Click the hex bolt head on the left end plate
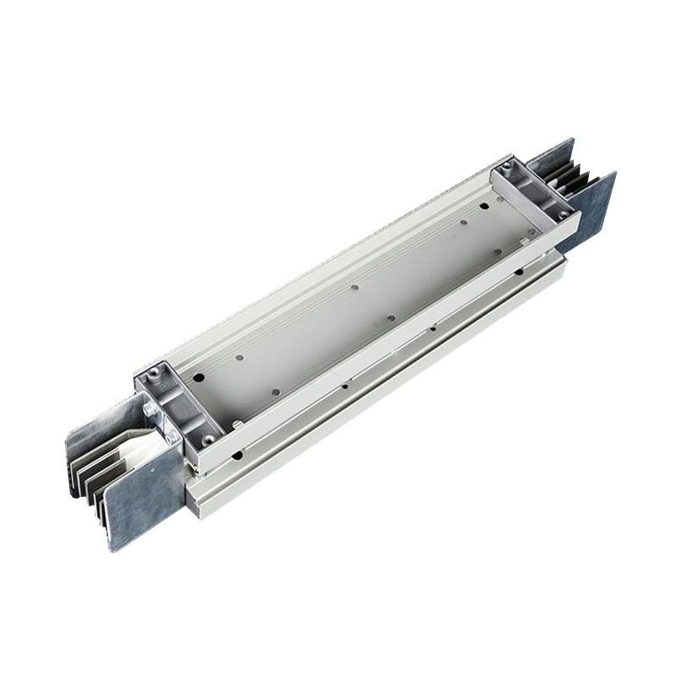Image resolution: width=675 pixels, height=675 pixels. pos(149,410)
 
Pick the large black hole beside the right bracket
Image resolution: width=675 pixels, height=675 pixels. pos(484,204)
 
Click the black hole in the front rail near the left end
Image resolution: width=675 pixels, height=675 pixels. pos(237,456)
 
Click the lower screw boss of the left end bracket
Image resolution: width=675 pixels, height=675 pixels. pos(202,440)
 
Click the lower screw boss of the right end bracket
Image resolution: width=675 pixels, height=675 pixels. pos(560,215)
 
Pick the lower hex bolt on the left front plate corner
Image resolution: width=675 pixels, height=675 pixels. pos(173,436)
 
